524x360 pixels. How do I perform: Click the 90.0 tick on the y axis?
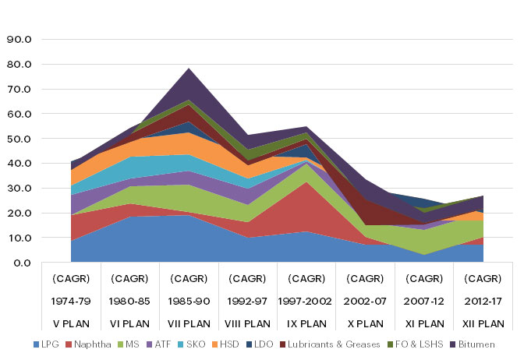[x=18, y=39]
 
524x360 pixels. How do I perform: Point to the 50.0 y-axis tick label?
[x=18, y=139]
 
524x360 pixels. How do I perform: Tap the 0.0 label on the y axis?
[x=21, y=263]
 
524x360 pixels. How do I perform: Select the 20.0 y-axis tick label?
[x=18, y=213]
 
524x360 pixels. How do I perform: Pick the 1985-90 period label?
[x=189, y=301]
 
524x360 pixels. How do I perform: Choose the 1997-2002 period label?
[x=306, y=301]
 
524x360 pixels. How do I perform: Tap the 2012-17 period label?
[x=483, y=301]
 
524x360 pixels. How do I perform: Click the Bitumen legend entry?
[x=476, y=344]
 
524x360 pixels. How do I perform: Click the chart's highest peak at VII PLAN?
[x=189, y=69]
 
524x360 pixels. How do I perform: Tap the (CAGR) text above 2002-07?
[x=365, y=278]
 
